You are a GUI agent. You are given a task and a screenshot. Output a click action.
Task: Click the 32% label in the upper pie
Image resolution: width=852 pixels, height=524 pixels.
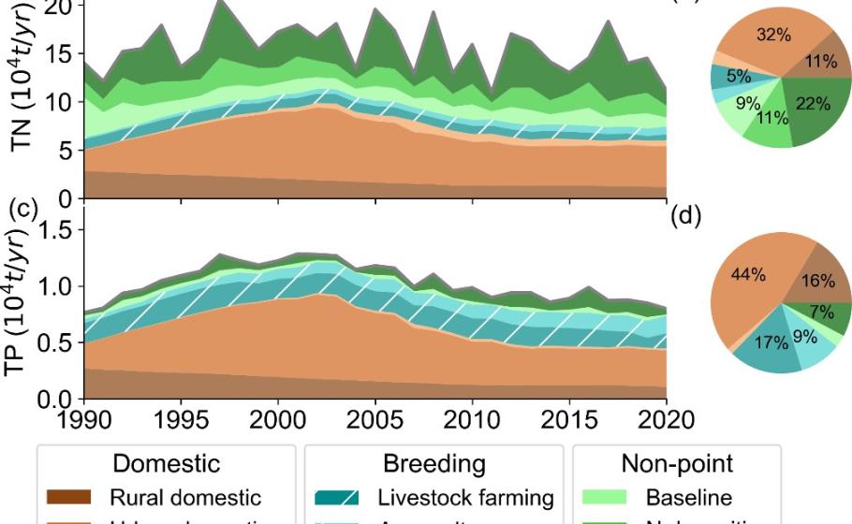[773, 36]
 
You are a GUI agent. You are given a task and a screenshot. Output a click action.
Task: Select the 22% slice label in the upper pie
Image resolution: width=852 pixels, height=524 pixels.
[814, 105]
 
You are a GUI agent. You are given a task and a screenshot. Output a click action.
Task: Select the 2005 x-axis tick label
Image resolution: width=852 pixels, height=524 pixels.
[375, 416]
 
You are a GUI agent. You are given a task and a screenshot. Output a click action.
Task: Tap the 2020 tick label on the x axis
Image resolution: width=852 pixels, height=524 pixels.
[665, 416]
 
